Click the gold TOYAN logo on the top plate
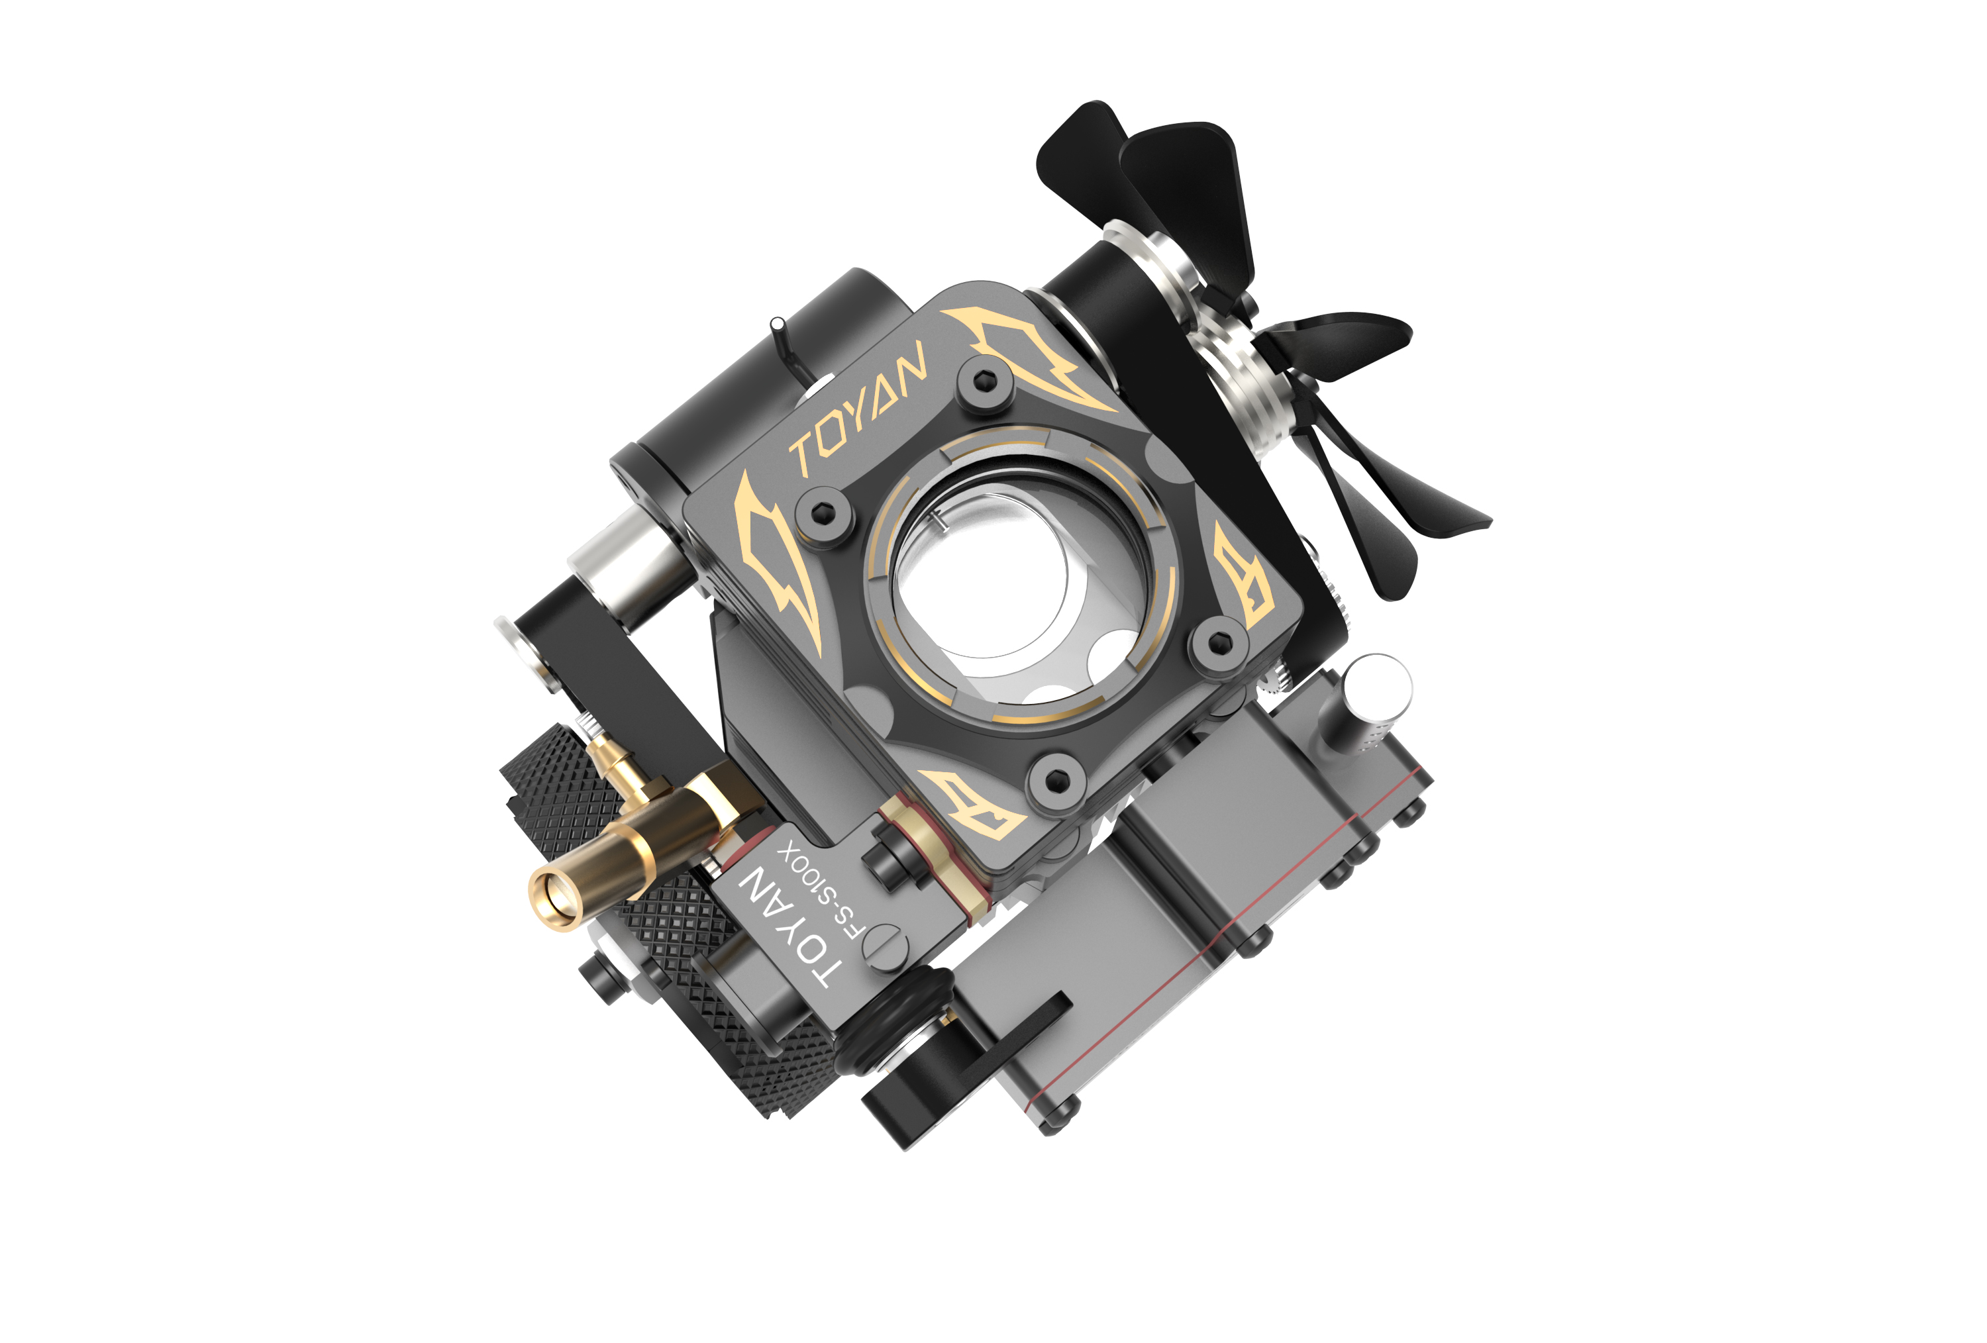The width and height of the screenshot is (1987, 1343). point(858,408)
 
